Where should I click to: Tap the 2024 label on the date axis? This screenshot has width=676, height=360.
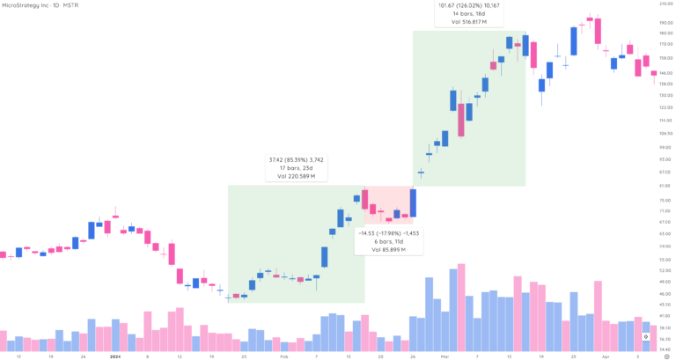[114, 356]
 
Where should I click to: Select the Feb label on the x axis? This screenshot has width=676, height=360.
[283, 356]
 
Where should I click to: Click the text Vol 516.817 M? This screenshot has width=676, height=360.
[468, 22]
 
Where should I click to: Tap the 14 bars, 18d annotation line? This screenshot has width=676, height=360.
[468, 14]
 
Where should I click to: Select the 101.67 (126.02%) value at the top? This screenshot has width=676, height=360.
[468, 5]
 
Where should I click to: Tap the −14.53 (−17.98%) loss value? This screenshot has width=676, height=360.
[388, 233]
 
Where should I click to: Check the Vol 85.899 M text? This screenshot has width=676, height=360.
[388, 250]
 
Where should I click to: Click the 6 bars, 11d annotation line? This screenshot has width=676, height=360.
[388, 242]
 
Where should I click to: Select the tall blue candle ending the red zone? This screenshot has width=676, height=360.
[413, 203]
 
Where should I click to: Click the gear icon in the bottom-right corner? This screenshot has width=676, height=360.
[646, 337]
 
